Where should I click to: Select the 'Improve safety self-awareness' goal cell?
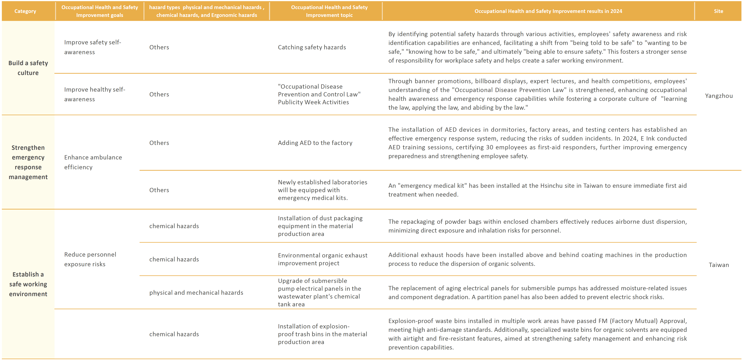tap(93, 47)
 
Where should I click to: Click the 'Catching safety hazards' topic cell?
tap(312, 47)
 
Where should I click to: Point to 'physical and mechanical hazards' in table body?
tap(196, 293)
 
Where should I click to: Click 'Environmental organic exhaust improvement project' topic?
tap(322, 259)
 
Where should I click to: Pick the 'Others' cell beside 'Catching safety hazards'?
tap(159, 47)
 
